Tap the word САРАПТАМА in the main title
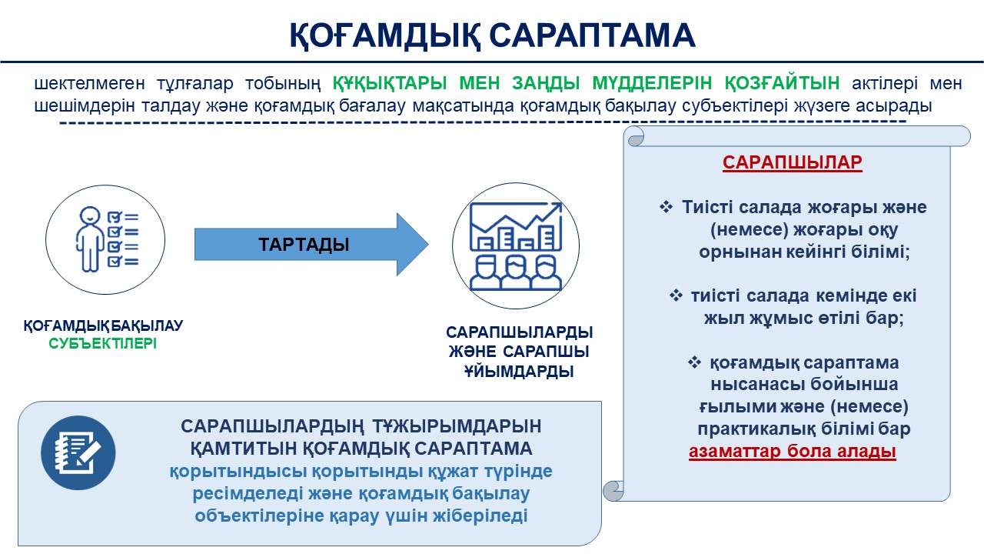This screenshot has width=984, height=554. click(592, 35)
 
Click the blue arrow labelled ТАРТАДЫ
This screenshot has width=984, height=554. click(311, 245)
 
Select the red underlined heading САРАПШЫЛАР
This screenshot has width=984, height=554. click(792, 162)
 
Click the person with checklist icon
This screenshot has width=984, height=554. click(105, 239)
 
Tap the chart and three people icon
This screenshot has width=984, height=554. click(516, 245)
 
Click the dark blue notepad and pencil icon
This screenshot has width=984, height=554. click(78, 453)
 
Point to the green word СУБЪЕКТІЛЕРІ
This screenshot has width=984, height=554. click(102, 343)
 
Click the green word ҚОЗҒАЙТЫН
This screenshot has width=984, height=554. click(782, 83)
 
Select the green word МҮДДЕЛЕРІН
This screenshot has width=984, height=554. click(652, 82)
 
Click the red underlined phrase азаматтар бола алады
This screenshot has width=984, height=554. click(792, 451)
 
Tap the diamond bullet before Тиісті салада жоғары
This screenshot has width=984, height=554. click(666, 207)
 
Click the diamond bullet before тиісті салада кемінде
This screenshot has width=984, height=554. click(676, 295)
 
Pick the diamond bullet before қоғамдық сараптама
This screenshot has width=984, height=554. click(694, 362)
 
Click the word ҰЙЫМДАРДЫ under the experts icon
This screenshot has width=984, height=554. click(519, 372)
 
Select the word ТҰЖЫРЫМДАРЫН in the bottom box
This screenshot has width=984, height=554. click(457, 426)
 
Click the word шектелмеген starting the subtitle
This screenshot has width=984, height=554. click(90, 83)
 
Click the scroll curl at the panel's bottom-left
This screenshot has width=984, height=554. click(613, 491)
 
